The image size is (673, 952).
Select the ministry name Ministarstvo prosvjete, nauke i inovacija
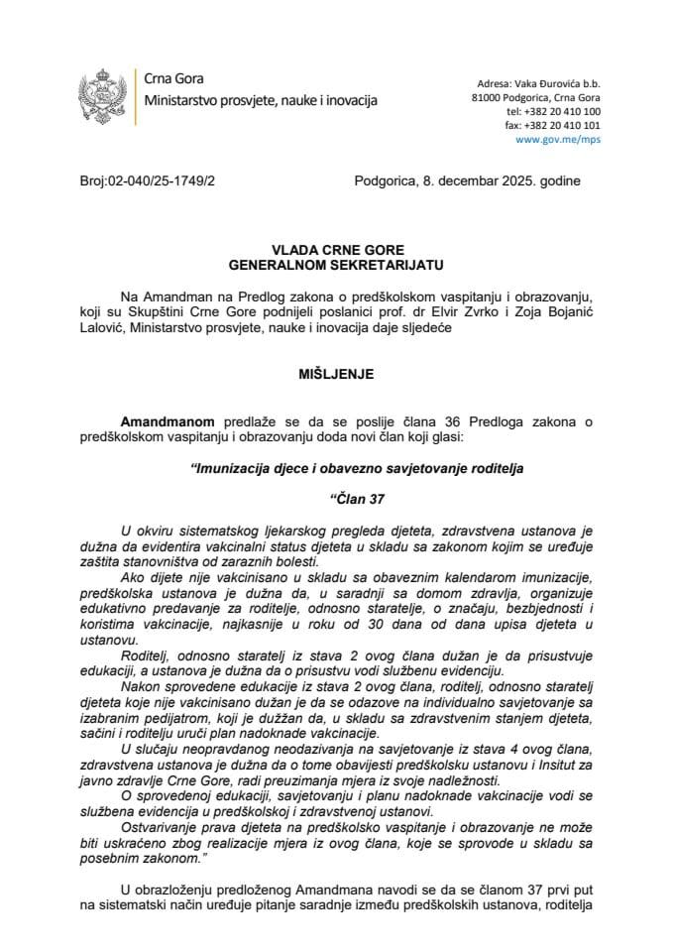coord(261,101)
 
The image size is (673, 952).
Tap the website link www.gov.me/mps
coord(558,140)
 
